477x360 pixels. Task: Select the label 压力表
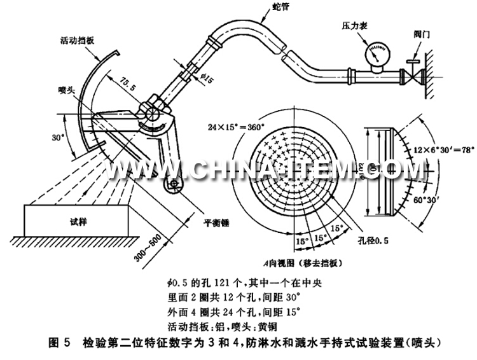(x=355, y=25)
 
